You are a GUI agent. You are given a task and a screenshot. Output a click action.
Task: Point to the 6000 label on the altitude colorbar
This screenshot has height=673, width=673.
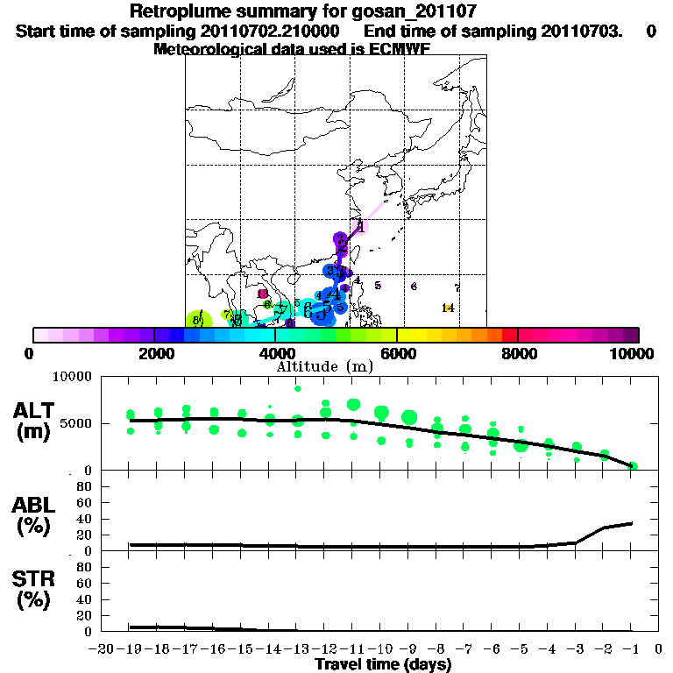point(397,353)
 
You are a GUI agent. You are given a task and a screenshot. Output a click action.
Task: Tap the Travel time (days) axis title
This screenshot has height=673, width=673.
point(382,665)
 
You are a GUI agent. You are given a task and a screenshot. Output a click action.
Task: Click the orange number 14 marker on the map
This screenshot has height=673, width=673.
point(448,308)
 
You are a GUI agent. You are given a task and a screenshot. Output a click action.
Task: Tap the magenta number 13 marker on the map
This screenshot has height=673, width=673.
point(262,294)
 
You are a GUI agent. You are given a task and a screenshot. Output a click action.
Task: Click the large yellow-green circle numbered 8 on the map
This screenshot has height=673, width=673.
point(200,321)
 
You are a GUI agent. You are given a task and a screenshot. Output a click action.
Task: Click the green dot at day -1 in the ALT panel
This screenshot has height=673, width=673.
point(633,466)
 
